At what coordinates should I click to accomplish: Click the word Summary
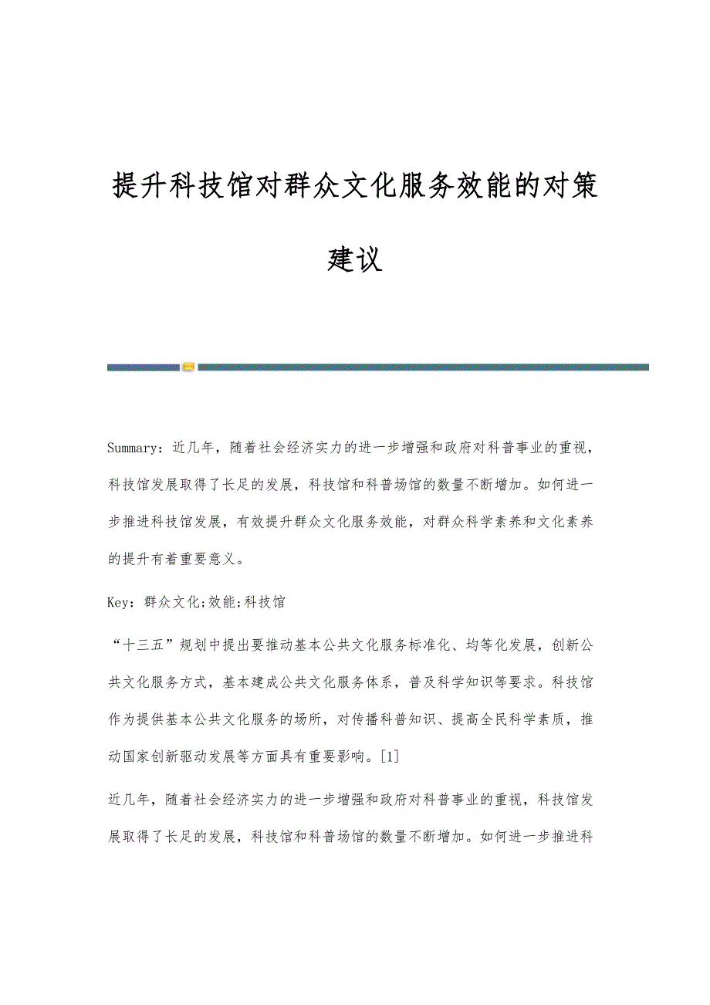(133, 447)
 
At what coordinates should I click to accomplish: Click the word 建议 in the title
(354, 259)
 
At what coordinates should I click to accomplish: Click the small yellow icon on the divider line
(188, 367)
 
